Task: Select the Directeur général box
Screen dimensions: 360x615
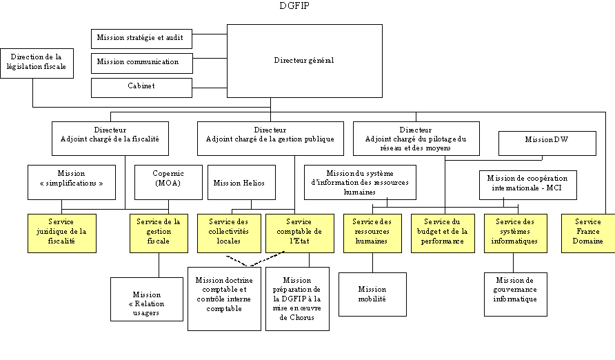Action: (x=304, y=61)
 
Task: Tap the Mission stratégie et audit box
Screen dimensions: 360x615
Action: (x=141, y=39)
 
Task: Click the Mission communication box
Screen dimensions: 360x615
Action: (x=141, y=63)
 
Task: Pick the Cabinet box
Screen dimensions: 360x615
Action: (x=141, y=87)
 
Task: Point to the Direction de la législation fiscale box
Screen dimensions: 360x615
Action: (x=37, y=63)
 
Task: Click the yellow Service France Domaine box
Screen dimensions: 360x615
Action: (x=587, y=232)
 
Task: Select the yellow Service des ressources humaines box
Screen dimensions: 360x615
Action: (x=372, y=232)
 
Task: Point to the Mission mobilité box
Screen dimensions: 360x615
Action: (x=372, y=294)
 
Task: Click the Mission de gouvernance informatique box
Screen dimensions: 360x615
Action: (x=515, y=294)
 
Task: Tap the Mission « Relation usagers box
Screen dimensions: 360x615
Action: (x=146, y=299)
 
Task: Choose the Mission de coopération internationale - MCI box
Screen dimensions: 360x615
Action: (x=527, y=185)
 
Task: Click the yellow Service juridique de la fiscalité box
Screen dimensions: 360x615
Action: (x=61, y=232)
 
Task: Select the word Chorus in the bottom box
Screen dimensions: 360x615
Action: (x=297, y=317)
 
